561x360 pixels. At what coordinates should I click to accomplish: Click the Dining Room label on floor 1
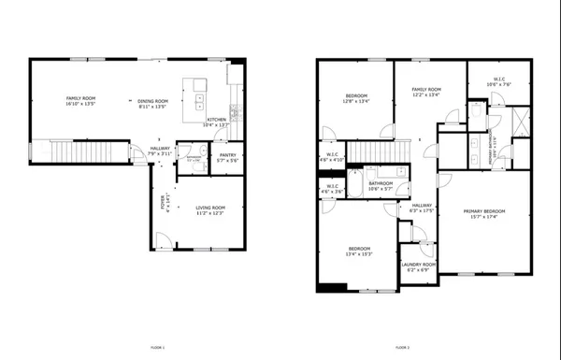point(152,103)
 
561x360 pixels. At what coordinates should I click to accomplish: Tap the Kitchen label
point(217,122)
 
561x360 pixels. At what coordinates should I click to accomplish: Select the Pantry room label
point(226,157)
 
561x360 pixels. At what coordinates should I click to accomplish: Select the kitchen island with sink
point(199,91)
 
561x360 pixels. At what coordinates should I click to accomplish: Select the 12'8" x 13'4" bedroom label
point(356,97)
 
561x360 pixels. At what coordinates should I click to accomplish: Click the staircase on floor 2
point(379,149)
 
